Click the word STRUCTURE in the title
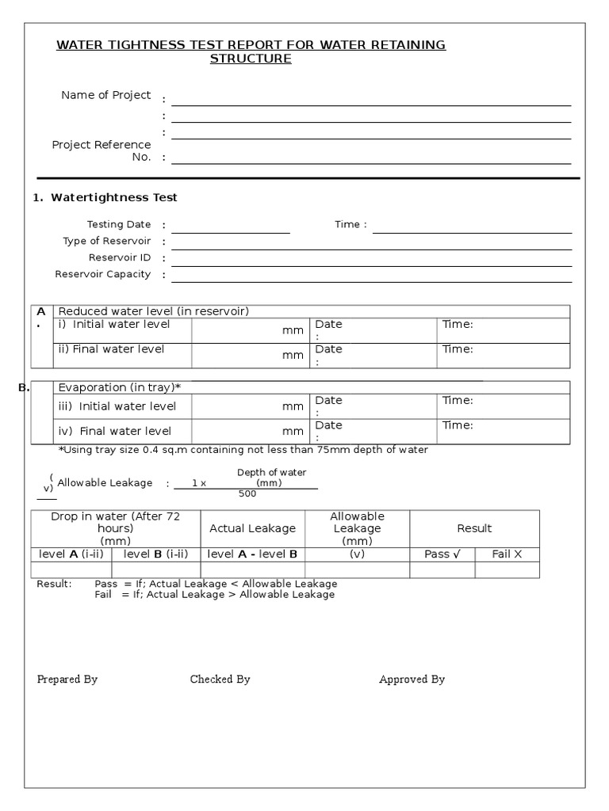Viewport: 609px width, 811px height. tap(251, 59)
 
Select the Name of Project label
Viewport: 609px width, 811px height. tap(106, 95)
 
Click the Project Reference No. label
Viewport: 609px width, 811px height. tap(101, 150)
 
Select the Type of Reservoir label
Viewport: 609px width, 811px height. tap(107, 241)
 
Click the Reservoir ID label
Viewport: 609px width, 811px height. tap(120, 257)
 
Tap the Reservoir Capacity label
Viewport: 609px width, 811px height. tap(103, 274)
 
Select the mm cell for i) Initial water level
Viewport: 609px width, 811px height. tap(250, 331)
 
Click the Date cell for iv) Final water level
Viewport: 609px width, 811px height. tap(373, 431)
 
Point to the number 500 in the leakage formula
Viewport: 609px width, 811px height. tap(247, 494)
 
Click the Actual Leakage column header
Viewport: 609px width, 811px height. tap(252, 528)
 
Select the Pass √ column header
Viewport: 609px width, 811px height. tap(442, 554)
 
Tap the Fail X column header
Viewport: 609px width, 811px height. tap(507, 554)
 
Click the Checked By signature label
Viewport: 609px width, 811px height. tap(220, 680)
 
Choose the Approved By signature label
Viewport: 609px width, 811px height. tap(412, 680)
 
